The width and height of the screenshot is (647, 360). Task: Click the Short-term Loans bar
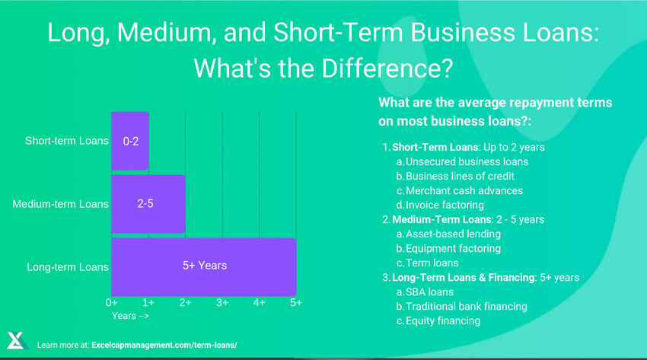click(x=130, y=142)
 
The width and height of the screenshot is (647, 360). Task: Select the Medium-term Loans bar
click(x=148, y=204)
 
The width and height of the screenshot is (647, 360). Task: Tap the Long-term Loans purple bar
click(x=204, y=266)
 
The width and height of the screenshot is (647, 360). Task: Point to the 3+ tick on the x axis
click(x=222, y=303)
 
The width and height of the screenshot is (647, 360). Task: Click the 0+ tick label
click(x=112, y=303)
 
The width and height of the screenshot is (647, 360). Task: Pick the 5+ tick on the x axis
click(x=295, y=303)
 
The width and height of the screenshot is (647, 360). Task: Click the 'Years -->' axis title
click(x=131, y=315)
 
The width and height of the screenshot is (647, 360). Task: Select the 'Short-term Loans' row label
click(x=67, y=142)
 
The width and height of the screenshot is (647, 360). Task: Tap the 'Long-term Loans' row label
click(x=68, y=267)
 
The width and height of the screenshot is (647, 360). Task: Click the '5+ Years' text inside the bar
click(x=204, y=266)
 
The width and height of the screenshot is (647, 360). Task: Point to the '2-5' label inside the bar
click(x=145, y=204)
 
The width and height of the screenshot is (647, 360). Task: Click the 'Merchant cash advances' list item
click(x=464, y=190)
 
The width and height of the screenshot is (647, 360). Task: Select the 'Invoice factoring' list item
click(x=445, y=205)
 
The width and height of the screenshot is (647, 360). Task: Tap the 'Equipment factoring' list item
click(x=453, y=248)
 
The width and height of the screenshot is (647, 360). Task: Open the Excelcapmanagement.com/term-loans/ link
click(x=164, y=346)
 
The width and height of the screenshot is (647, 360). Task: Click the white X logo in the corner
click(x=17, y=341)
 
